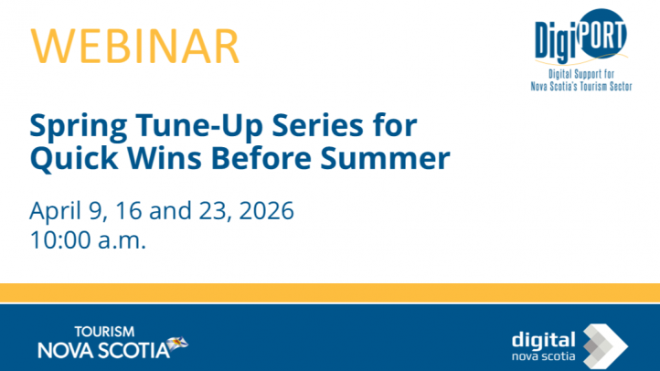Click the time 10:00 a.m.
click(88, 242)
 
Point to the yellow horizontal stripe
click(330, 293)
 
